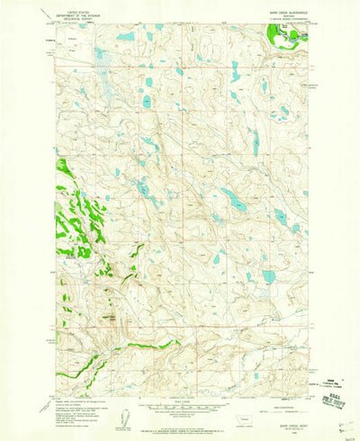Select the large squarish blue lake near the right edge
(x=268, y=276)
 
